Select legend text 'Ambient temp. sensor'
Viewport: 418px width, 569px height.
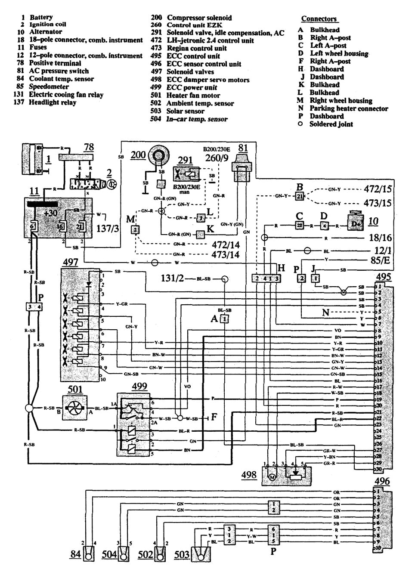click(200, 103)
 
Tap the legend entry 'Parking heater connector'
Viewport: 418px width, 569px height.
click(349, 108)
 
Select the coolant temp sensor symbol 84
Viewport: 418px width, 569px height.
click(89, 555)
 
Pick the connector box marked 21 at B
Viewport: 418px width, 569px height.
click(300, 196)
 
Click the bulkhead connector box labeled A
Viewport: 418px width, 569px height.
click(224, 319)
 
